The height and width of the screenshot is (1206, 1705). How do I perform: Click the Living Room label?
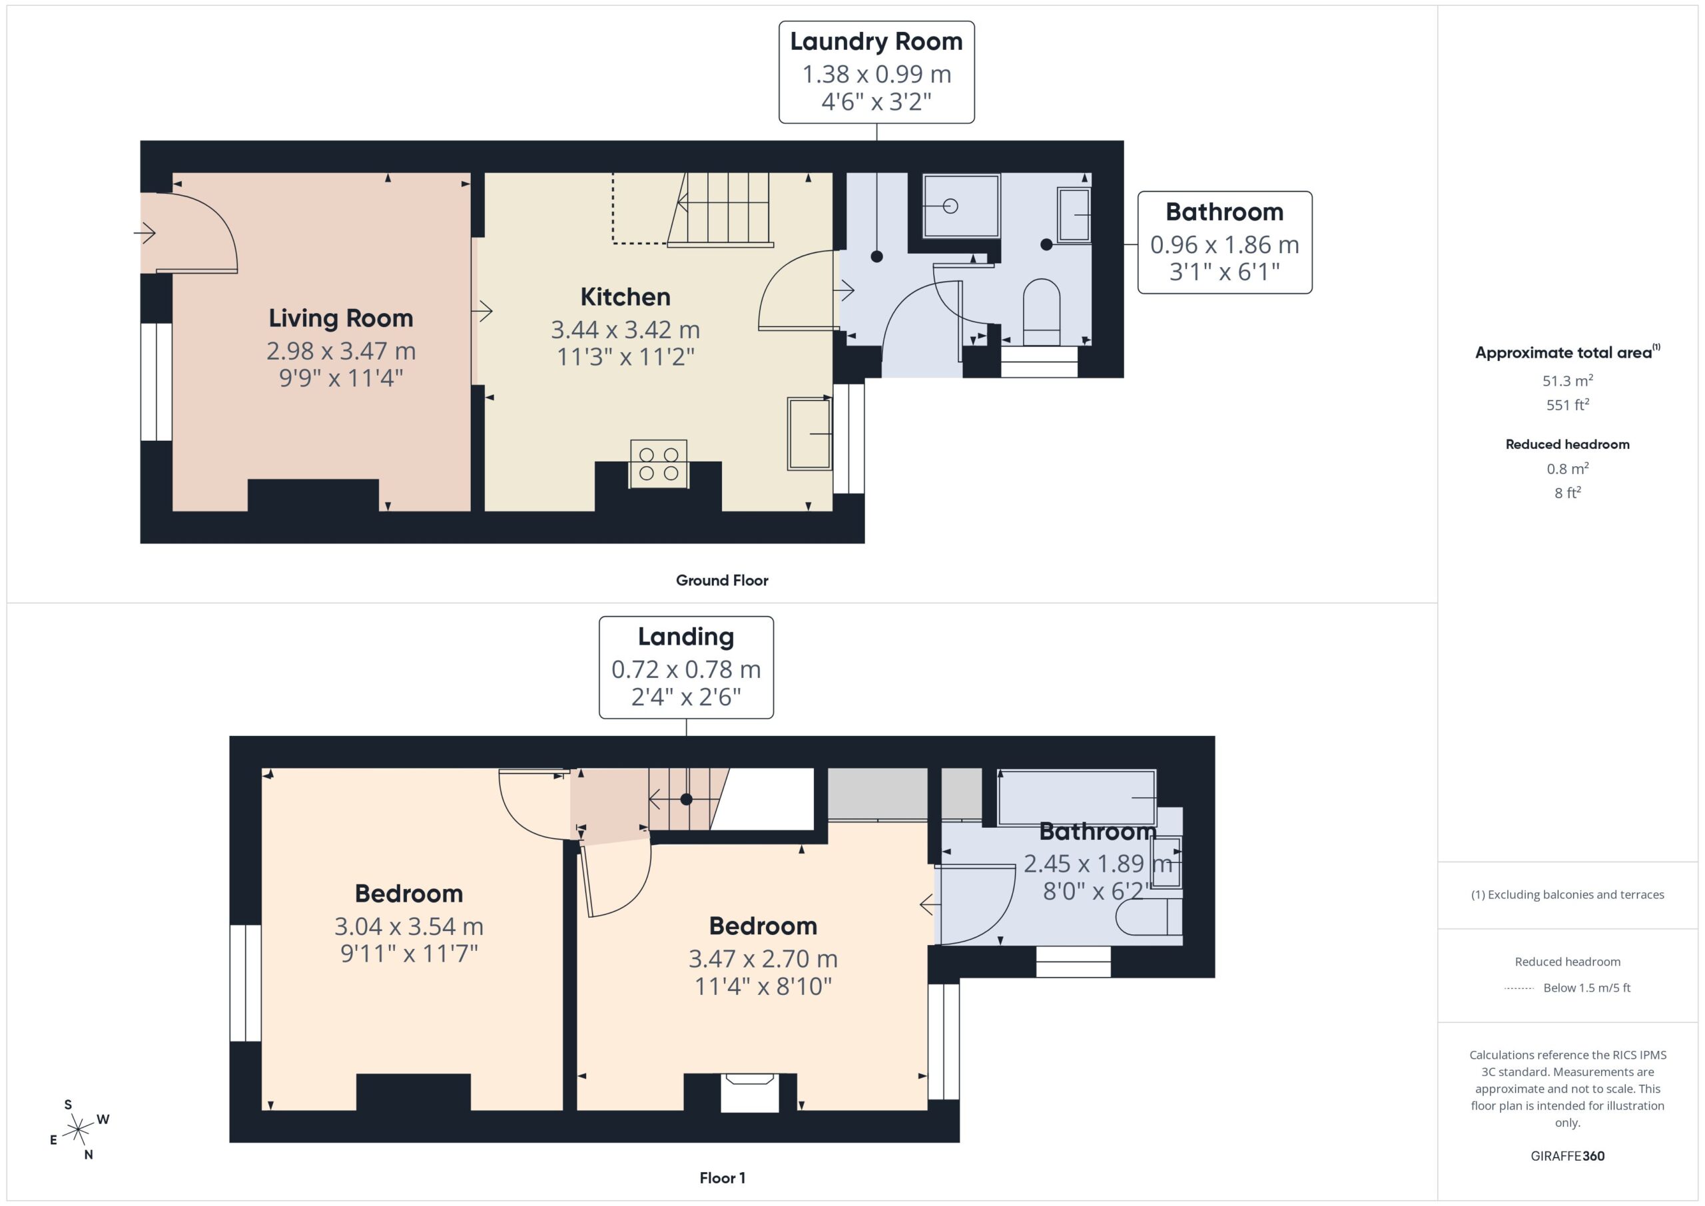(x=341, y=318)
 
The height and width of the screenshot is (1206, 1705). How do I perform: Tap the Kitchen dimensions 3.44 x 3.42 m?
(x=625, y=329)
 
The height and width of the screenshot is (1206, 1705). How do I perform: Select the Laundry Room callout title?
(x=876, y=41)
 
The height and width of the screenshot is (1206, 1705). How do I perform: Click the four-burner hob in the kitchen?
(x=659, y=463)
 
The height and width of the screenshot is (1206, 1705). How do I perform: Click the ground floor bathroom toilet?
(x=1041, y=312)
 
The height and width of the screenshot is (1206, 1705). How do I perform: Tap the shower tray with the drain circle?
(x=961, y=206)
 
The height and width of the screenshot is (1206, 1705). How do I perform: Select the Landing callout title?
(x=686, y=637)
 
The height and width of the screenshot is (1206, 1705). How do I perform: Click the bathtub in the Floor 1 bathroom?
(x=1077, y=798)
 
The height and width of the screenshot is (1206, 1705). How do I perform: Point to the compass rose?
(x=77, y=1130)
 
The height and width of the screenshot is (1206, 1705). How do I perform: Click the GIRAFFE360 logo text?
(x=1568, y=1156)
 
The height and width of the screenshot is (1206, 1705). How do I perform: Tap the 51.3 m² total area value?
(x=1568, y=381)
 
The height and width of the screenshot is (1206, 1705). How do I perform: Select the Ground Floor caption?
(x=722, y=581)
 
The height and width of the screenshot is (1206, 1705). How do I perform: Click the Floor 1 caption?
(x=722, y=1178)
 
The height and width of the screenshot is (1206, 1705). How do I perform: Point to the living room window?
(x=157, y=382)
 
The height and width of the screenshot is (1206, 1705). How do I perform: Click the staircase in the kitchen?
(x=719, y=208)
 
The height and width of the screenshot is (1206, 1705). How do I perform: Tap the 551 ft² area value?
(x=1568, y=405)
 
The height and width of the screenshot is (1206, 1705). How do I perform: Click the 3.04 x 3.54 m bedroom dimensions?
(x=409, y=926)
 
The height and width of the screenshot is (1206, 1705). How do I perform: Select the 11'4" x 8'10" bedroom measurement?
(x=763, y=986)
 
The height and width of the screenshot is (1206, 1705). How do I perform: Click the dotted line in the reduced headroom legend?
(x=1519, y=988)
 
